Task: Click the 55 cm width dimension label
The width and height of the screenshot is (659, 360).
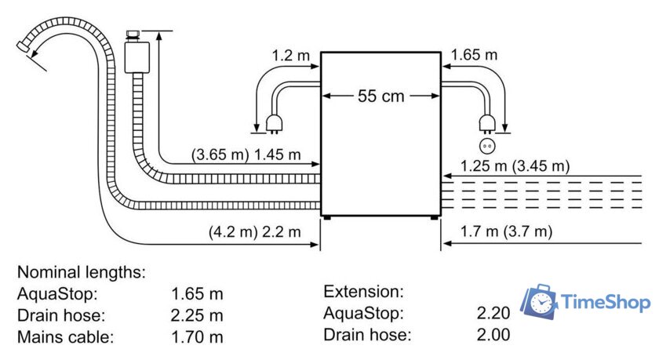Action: pyautogui.click(x=381, y=96)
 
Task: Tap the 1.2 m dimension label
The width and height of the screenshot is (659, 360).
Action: pyautogui.click(x=292, y=56)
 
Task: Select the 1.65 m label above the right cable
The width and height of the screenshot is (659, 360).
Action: pyautogui.click(x=474, y=56)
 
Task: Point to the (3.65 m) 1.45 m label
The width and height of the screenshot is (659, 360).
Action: pyautogui.click(x=246, y=155)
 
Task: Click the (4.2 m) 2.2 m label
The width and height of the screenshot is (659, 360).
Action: pyautogui.click(x=254, y=232)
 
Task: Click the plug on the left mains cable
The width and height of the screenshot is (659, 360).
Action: pyautogui.click(x=275, y=122)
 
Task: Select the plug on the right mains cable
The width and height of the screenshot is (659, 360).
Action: pyautogui.click(x=486, y=122)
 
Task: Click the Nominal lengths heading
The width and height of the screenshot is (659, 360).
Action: pyautogui.click(x=82, y=273)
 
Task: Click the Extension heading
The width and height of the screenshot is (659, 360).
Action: pyautogui.click(x=363, y=292)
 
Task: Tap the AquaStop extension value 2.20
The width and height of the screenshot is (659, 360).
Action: pyautogui.click(x=493, y=314)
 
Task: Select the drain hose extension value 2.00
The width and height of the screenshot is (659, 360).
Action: pyautogui.click(x=493, y=335)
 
